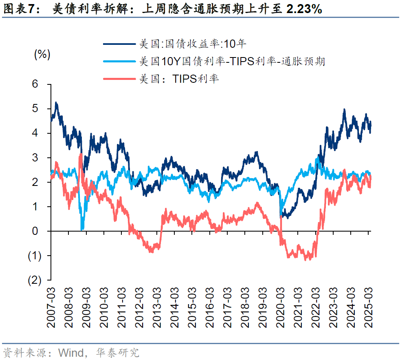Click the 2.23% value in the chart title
(304, 9)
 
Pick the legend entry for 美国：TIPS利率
(178, 79)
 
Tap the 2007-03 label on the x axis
(51, 306)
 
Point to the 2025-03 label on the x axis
(369, 306)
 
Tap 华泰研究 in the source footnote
(117, 352)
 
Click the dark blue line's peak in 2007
(56, 103)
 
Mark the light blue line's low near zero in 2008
(82, 229)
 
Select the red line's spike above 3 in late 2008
(81, 154)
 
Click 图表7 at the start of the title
(18, 9)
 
